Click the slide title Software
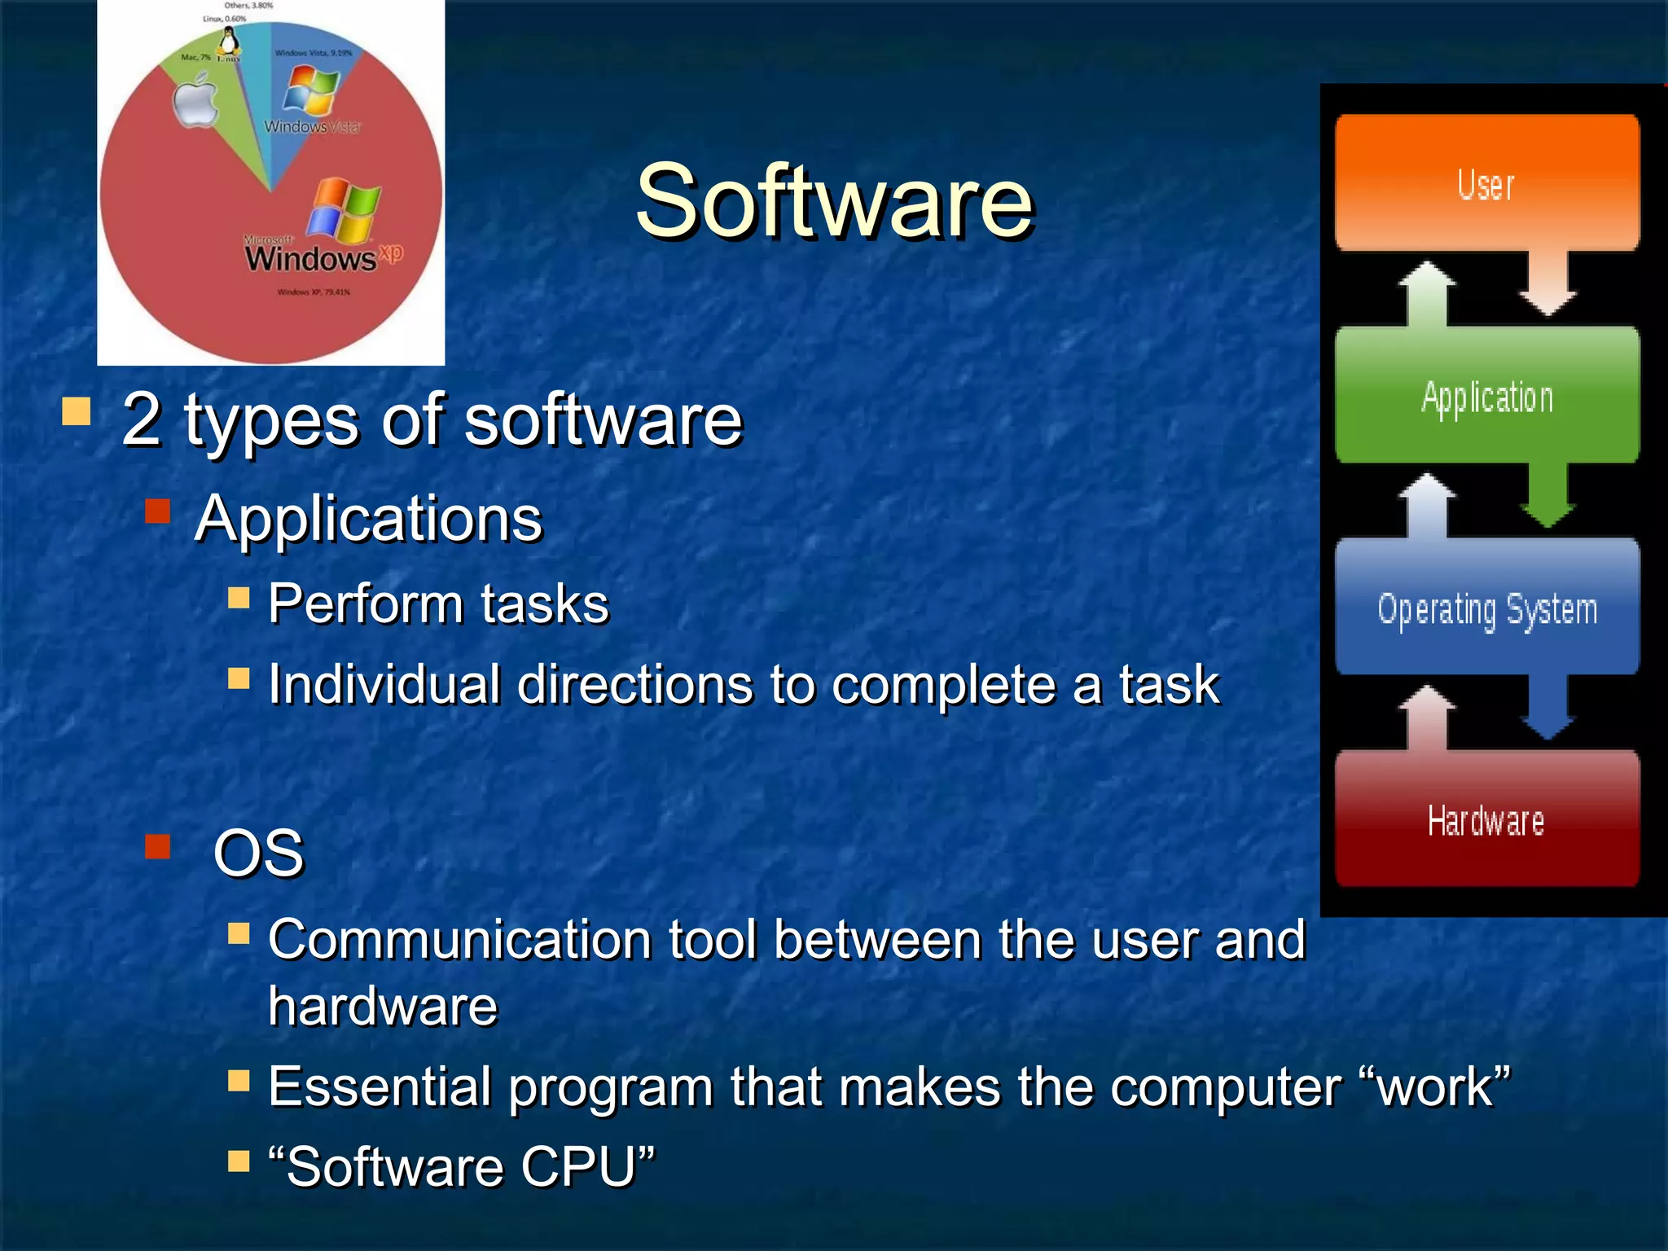pos(834,201)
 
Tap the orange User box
pos(1486,183)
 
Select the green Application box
pos(1486,397)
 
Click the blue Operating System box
pos(1486,608)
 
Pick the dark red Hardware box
pos(1486,819)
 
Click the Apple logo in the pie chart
pos(196,102)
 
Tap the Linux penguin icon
pos(230,41)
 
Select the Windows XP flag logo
pos(344,210)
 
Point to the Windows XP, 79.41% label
pos(314,292)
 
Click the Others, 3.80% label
pos(249,6)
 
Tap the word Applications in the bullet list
pos(368,518)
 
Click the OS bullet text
pos(258,853)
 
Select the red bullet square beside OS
pos(157,847)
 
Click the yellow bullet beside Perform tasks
pos(239,599)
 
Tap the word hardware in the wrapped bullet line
pos(383,1007)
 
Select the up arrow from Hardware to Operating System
pos(1427,717)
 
